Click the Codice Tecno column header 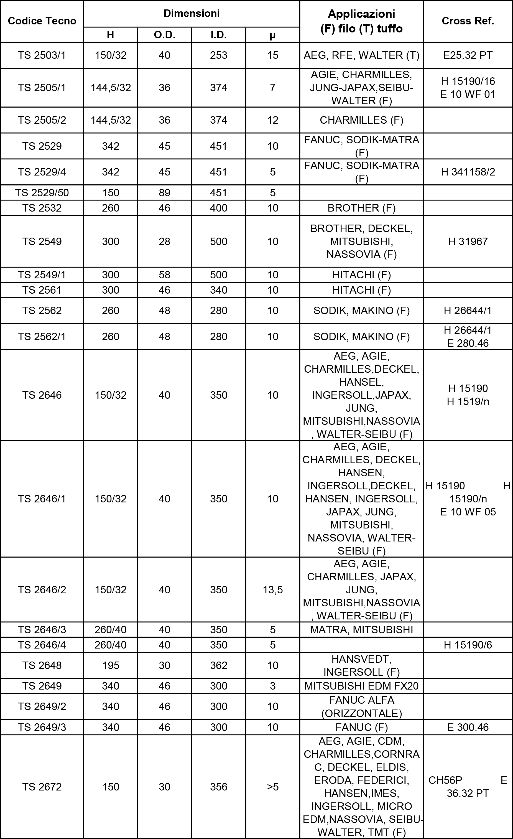click(x=42, y=21)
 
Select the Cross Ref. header click(x=468, y=21)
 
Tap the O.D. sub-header click(x=164, y=35)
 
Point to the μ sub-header click(x=272, y=35)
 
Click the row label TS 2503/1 click(x=42, y=55)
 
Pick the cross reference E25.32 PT click(x=468, y=55)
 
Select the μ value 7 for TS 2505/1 click(x=272, y=88)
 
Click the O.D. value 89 click(x=164, y=193)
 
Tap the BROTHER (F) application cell click(x=361, y=208)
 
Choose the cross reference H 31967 click(x=468, y=241)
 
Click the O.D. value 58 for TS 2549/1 click(x=164, y=275)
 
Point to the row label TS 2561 click(x=42, y=290)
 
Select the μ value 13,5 click(x=272, y=590)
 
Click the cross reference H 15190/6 click(x=468, y=645)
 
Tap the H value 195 click(x=111, y=665)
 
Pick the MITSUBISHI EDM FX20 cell click(x=361, y=686)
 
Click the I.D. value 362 click(x=219, y=665)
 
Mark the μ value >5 click(x=272, y=787)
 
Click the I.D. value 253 click(x=219, y=55)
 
